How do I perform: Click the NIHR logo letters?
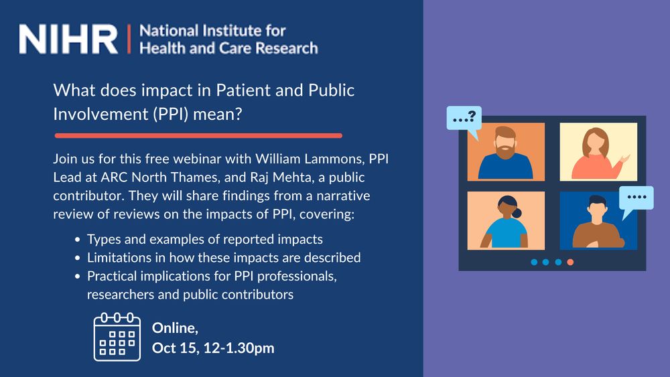coord(68,39)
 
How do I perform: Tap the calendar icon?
coord(117,336)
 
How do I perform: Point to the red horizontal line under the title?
coord(198,136)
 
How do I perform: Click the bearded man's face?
coord(505,143)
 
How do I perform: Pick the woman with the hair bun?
coord(505,222)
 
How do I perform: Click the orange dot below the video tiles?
coord(570,262)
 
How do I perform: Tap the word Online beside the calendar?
coord(175,328)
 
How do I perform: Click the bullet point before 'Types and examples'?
coord(77,240)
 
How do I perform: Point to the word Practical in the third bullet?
coord(112,277)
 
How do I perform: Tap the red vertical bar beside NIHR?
coord(129,39)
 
